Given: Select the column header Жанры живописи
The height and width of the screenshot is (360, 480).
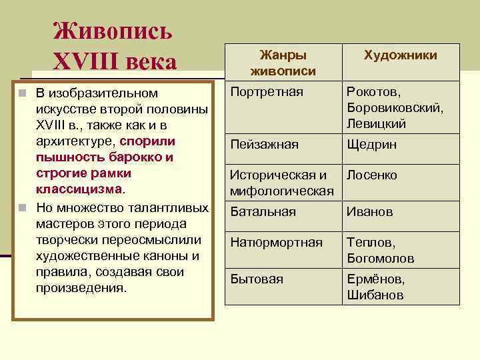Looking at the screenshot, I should click(283, 62).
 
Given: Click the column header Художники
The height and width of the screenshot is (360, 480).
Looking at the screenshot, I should click(401, 55).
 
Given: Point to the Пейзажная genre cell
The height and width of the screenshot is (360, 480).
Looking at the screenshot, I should click(264, 144).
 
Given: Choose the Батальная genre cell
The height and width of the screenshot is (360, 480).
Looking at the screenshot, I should click(263, 212).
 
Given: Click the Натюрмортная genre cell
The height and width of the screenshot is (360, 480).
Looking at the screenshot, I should click(276, 242).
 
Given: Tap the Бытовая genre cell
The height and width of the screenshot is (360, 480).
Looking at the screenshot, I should click(257, 279).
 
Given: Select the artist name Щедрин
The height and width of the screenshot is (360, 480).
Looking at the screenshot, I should click(371, 144).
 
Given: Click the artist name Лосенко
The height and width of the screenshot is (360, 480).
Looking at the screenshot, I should click(372, 175).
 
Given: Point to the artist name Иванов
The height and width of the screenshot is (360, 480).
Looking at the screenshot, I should click(370, 212).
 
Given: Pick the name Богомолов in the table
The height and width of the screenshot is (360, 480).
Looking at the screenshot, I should click(381, 258).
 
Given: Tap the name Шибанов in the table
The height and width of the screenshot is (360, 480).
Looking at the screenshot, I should click(375, 295).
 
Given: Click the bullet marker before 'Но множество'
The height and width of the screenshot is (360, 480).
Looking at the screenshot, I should click(23, 207).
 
